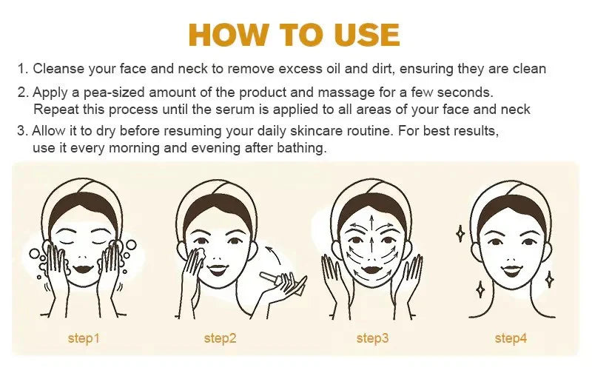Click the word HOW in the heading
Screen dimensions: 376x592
[x=226, y=35]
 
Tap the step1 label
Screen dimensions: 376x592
[x=83, y=338]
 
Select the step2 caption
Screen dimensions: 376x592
[x=220, y=338]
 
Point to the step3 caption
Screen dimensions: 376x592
[x=372, y=338]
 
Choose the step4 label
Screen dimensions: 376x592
[x=511, y=338]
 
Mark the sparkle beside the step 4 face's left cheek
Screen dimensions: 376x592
[x=460, y=234]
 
